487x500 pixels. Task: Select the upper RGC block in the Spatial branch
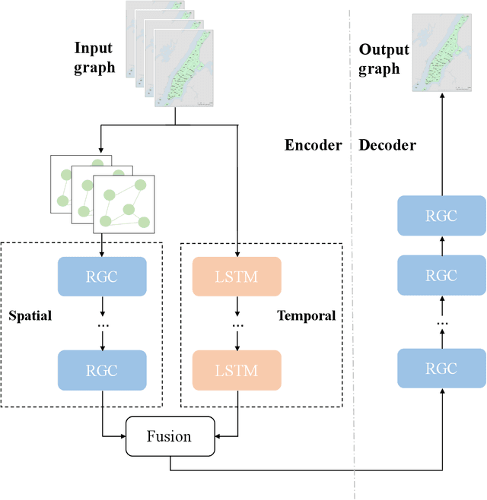[x=102, y=277]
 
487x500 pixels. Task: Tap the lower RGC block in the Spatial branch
[x=102, y=370]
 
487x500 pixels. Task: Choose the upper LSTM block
[x=237, y=277]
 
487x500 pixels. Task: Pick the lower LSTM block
[x=237, y=370]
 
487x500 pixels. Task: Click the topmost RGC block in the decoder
[x=441, y=215]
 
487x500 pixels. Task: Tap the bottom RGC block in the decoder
[x=441, y=370]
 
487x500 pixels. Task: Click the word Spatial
[x=30, y=315]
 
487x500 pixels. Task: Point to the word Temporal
[x=306, y=315]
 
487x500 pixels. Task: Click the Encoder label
[x=313, y=145]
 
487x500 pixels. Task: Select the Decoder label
[x=387, y=145]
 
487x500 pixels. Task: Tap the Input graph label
[x=94, y=58]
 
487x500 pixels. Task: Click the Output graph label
[x=384, y=59]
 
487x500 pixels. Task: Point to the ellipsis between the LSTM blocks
[x=237, y=325]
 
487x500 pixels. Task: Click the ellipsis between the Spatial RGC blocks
[x=102, y=325]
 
